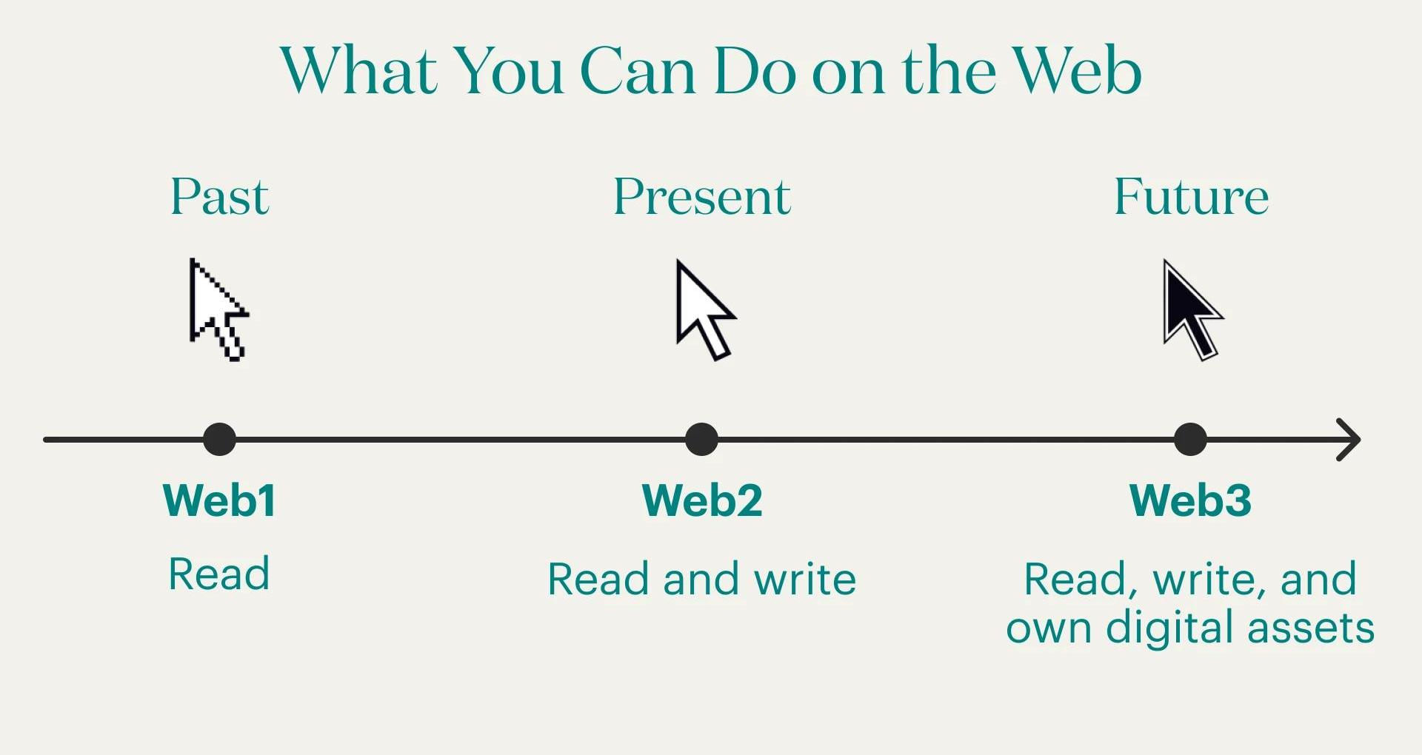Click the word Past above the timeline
click(220, 197)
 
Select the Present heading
click(702, 197)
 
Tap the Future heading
click(1191, 197)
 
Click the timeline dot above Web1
click(219, 439)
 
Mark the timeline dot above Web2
click(701, 439)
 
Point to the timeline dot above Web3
click(1190, 439)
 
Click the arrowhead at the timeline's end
click(1358, 440)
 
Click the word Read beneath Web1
click(219, 574)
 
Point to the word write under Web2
click(805, 578)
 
